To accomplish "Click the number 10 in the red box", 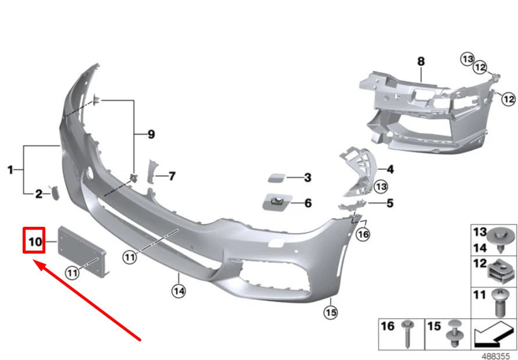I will click(34, 241).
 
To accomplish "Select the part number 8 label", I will click(421, 60).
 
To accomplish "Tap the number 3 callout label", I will click(308, 177).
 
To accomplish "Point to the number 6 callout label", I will click(308, 203).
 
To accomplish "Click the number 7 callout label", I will click(172, 176).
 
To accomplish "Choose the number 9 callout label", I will click(151, 134).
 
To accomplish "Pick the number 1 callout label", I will click(10, 170).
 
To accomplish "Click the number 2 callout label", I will click(38, 194).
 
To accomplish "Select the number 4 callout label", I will click(390, 169).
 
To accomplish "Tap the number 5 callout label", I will click(390, 203).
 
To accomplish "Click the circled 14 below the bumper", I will click(178, 290).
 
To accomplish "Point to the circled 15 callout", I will click(331, 312).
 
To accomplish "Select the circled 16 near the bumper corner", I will click(363, 234).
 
